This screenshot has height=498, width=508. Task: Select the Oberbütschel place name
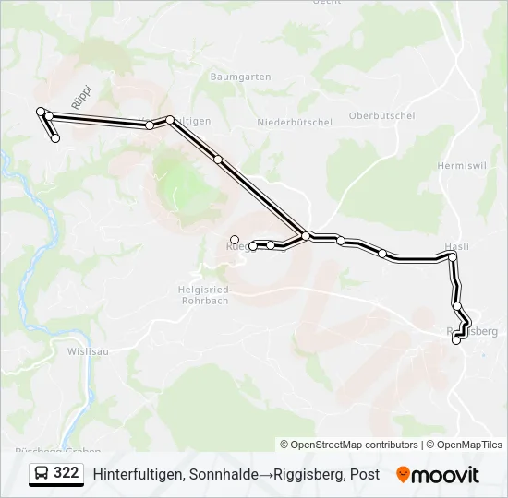tap(381, 115)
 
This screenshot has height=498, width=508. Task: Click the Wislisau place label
tap(90, 351)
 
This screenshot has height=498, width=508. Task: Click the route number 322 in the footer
tap(66, 473)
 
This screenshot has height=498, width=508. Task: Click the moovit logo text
tap(445, 475)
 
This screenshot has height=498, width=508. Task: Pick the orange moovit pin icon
tap(403, 475)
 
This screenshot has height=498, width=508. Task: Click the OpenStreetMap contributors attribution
tap(349, 445)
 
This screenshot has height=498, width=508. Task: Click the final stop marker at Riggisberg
tap(455, 340)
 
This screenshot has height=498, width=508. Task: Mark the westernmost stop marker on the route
tap(41, 112)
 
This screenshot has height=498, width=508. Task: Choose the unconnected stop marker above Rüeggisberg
tap(235, 240)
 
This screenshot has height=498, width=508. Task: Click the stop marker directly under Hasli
tap(452, 258)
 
